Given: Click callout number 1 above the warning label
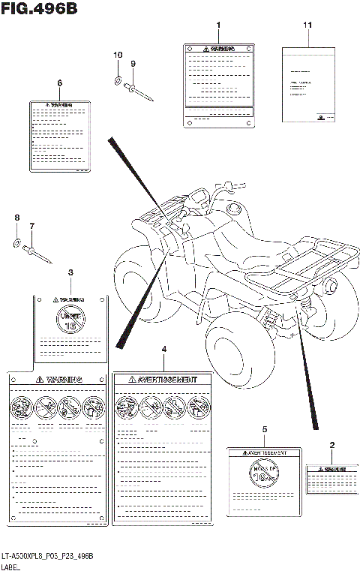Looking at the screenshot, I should [218, 26].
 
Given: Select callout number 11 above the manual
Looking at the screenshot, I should [307, 26].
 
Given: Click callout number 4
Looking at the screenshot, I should [164, 350].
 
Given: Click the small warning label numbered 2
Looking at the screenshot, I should [330, 476].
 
